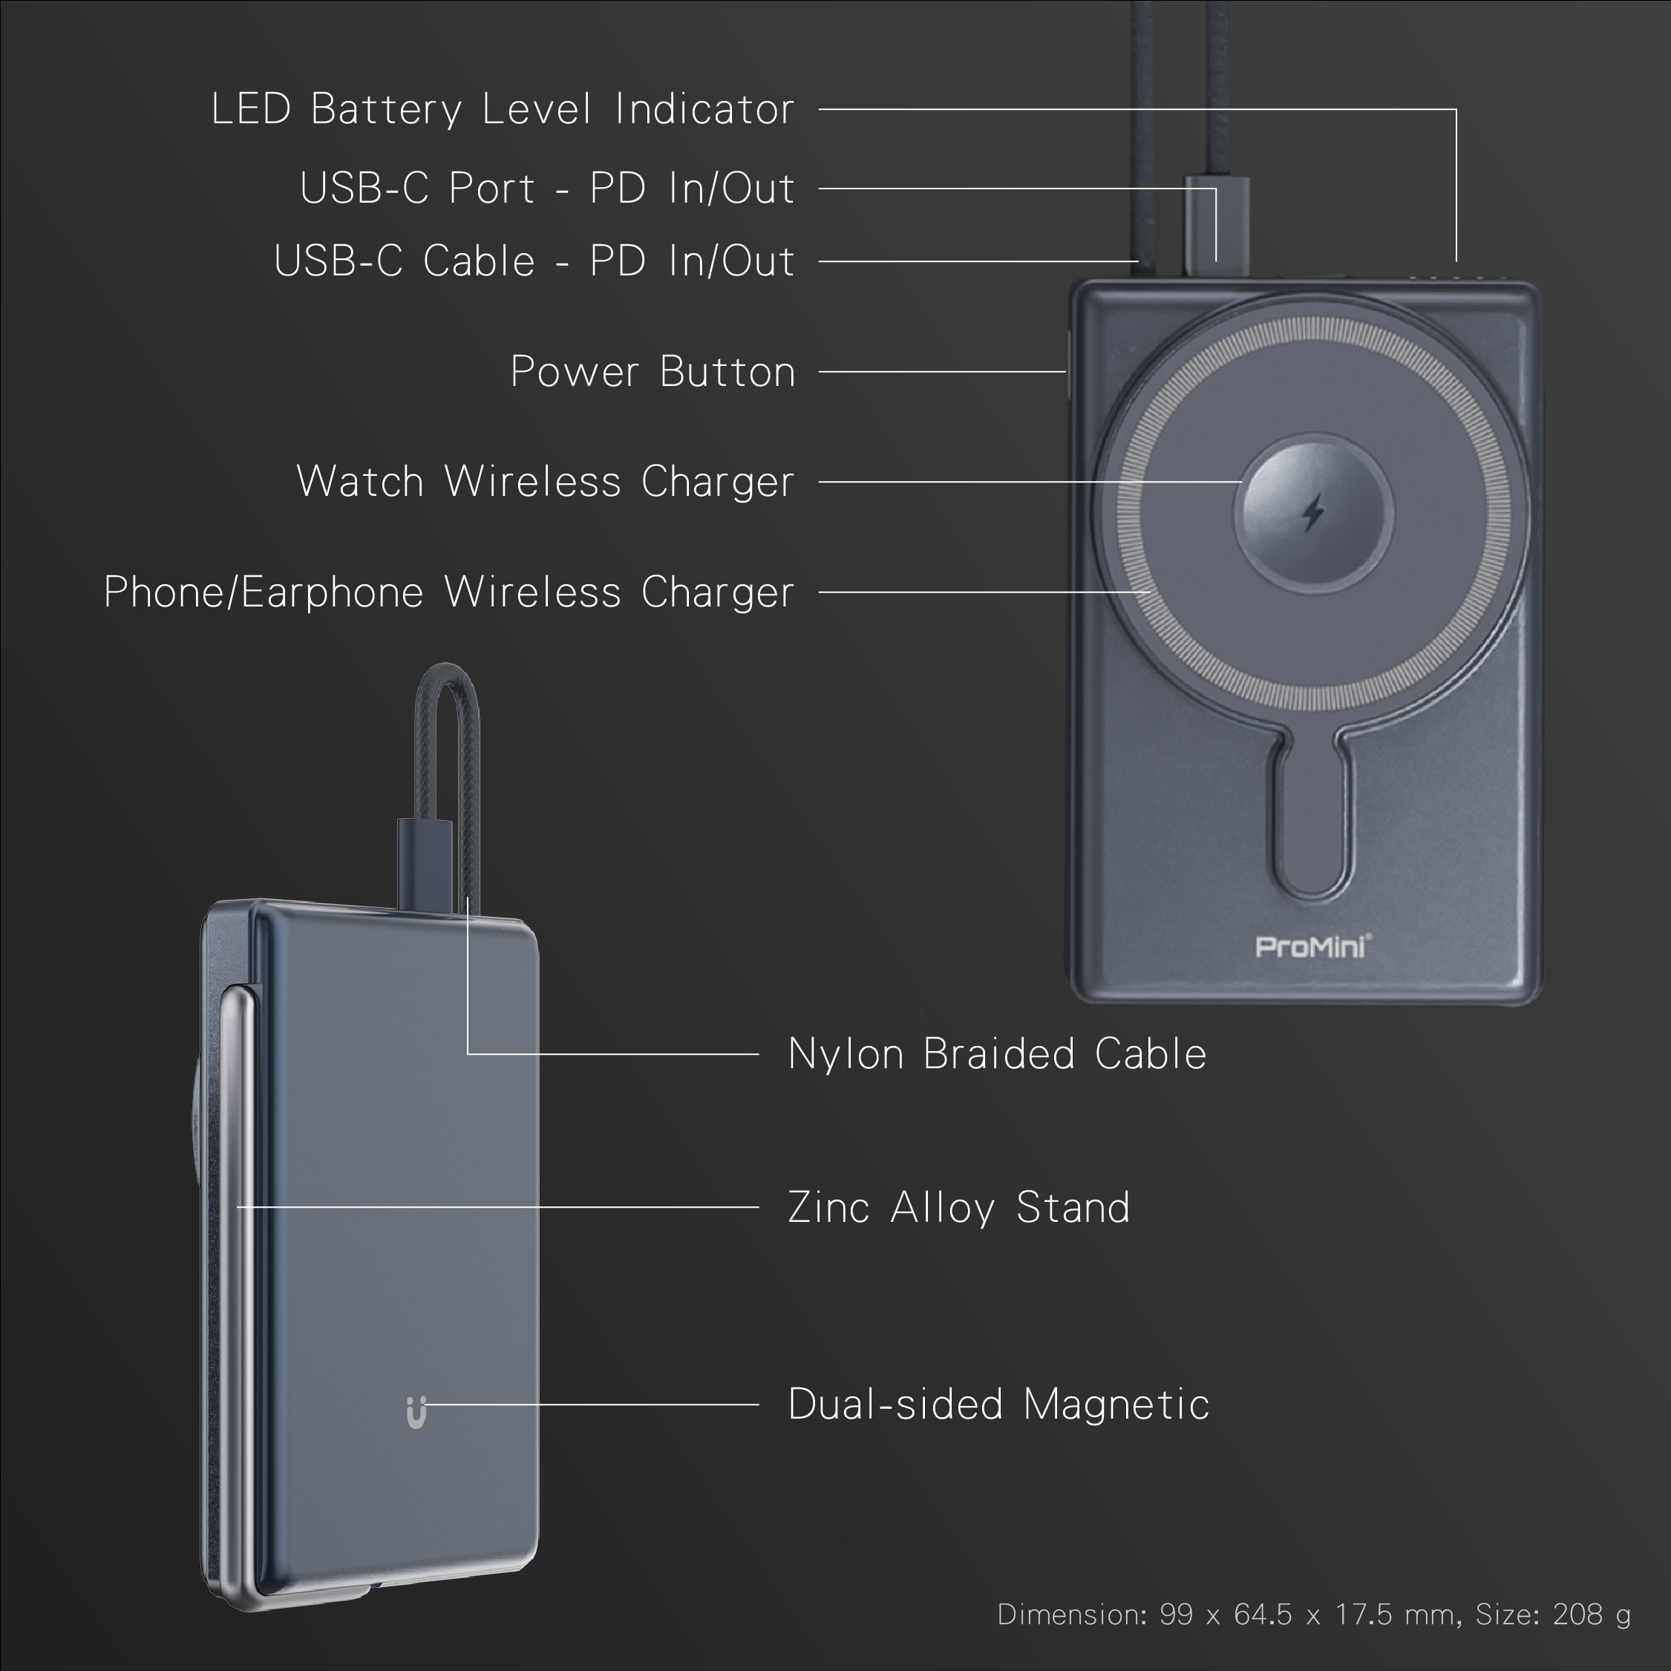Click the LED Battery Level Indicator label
coord(502,110)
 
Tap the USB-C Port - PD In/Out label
coord(546,189)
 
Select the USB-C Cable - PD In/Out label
coord(534,261)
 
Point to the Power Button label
coord(652,372)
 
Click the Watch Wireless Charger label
coord(545,482)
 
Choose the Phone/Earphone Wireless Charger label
coord(448,592)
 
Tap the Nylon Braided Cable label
coord(996,1054)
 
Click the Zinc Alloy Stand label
coord(958,1207)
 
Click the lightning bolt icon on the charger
coord(1313,512)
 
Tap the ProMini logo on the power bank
coord(1312,947)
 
